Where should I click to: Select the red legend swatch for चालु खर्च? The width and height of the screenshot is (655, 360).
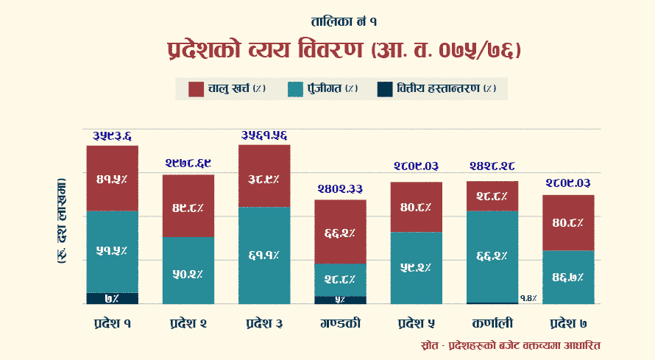coord(196,89)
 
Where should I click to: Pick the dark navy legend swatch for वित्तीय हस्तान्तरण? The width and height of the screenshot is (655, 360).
coord(385,89)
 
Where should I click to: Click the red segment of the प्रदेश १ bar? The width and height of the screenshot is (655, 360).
coord(113,178)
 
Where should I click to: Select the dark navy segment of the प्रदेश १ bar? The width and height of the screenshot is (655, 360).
coord(113,298)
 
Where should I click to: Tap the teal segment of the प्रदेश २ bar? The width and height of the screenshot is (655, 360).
coord(188,270)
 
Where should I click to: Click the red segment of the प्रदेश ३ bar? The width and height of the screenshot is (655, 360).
coord(264,176)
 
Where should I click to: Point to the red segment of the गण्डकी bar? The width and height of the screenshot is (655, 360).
coord(340,231)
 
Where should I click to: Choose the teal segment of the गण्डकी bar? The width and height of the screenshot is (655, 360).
coord(340,280)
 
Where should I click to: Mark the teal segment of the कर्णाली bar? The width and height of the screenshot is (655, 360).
coord(492,256)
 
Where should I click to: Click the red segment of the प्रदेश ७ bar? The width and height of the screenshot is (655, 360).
coord(568,222)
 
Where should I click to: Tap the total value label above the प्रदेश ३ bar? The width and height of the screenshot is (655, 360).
coord(264,135)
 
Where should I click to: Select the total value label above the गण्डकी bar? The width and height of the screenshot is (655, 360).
coord(340,189)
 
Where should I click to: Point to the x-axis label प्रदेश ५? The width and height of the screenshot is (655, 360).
coord(417,323)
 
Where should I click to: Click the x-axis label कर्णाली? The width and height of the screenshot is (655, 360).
coord(492,323)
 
